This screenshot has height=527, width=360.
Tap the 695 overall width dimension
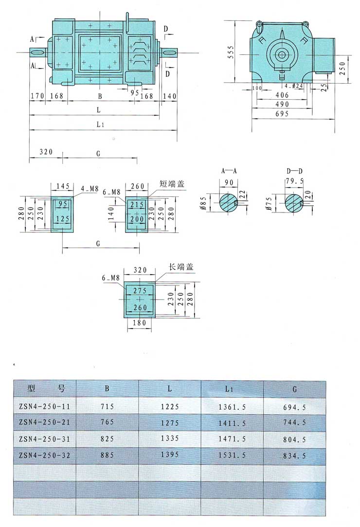[x=282, y=114]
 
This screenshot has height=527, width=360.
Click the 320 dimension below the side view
[x=46, y=152]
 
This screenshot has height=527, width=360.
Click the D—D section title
[x=294, y=171]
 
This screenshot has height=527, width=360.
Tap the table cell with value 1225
[x=170, y=406]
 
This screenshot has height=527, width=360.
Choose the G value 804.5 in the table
[x=294, y=439]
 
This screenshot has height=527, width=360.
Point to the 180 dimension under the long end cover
[x=140, y=323]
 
